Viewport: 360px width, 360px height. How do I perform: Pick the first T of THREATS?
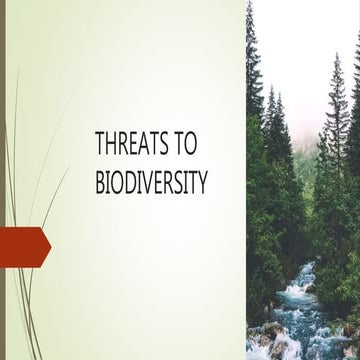pyautogui.click(x=101, y=145)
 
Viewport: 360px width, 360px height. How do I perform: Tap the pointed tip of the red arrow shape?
pyautogui.click(x=50, y=246)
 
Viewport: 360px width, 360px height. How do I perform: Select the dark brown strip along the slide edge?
pyautogui.click(x=3, y=180)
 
